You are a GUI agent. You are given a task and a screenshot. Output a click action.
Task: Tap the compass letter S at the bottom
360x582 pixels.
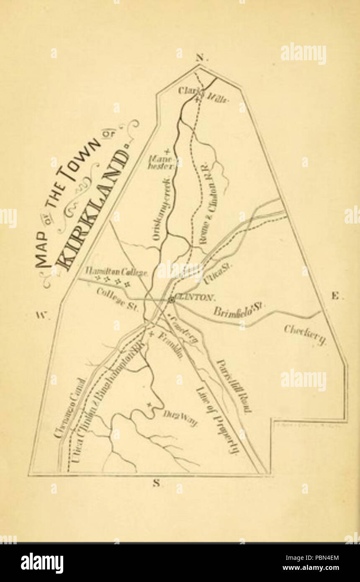click(x=157, y=484)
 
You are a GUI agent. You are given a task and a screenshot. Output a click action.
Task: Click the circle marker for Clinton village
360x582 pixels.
click(x=171, y=300)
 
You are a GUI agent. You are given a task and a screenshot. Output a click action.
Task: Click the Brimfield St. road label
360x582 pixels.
click(x=239, y=311)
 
